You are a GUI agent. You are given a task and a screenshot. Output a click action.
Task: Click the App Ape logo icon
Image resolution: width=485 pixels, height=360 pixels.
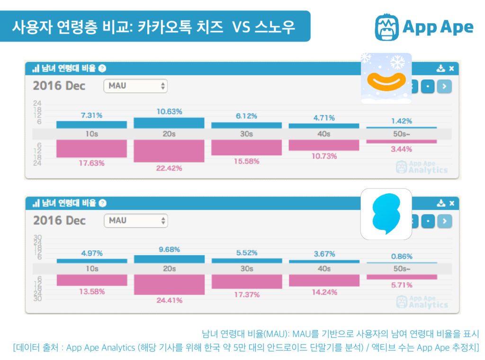tap(386, 27)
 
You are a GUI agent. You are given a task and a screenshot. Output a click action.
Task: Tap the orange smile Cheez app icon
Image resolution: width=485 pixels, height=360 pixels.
tap(386, 79)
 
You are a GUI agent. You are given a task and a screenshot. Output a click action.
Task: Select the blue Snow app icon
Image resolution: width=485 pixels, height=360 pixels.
tap(386, 214)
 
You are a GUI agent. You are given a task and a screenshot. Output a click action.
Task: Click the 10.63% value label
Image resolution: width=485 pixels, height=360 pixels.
tap(169, 111)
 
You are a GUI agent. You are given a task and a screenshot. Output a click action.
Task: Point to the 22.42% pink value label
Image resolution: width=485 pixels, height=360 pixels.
tap(169, 168)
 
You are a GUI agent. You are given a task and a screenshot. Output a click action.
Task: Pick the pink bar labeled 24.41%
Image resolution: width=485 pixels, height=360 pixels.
tap(169, 284)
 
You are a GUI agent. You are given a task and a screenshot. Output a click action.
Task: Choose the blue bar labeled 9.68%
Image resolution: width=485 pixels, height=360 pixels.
tap(169, 259)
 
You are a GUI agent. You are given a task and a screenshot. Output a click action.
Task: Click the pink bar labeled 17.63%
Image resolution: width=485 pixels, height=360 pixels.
tap(91, 148)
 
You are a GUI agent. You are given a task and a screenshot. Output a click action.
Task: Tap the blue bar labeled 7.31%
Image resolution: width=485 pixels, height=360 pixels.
tap(91, 125)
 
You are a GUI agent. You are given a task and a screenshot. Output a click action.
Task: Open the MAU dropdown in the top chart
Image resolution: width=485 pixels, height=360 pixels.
tap(135, 86)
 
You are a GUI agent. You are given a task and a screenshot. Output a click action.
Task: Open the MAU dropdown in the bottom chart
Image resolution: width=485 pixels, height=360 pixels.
tap(135, 220)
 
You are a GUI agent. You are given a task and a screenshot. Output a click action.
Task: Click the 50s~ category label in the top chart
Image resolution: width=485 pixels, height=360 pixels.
tap(401, 134)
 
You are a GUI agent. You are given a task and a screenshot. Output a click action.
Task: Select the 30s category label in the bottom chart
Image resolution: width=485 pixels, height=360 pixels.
tap(246, 269)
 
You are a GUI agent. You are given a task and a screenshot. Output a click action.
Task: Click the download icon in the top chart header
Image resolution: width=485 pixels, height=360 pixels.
tap(440, 69)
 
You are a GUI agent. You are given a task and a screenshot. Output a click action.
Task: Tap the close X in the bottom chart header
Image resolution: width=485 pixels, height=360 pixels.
tap(451, 203)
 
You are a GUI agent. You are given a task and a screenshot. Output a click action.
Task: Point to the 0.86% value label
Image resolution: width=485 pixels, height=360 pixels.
tap(402, 256)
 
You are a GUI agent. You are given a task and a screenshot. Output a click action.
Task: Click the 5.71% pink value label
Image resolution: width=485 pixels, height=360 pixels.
tap(402, 285)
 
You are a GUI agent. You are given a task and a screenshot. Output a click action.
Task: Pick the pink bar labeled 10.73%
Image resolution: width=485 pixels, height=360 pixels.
tap(324, 145)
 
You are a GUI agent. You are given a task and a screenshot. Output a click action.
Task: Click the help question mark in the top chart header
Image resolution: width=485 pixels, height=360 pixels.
tap(103, 69)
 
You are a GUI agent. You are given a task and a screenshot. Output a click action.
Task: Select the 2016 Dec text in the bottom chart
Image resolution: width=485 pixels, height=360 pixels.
tap(59, 220)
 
